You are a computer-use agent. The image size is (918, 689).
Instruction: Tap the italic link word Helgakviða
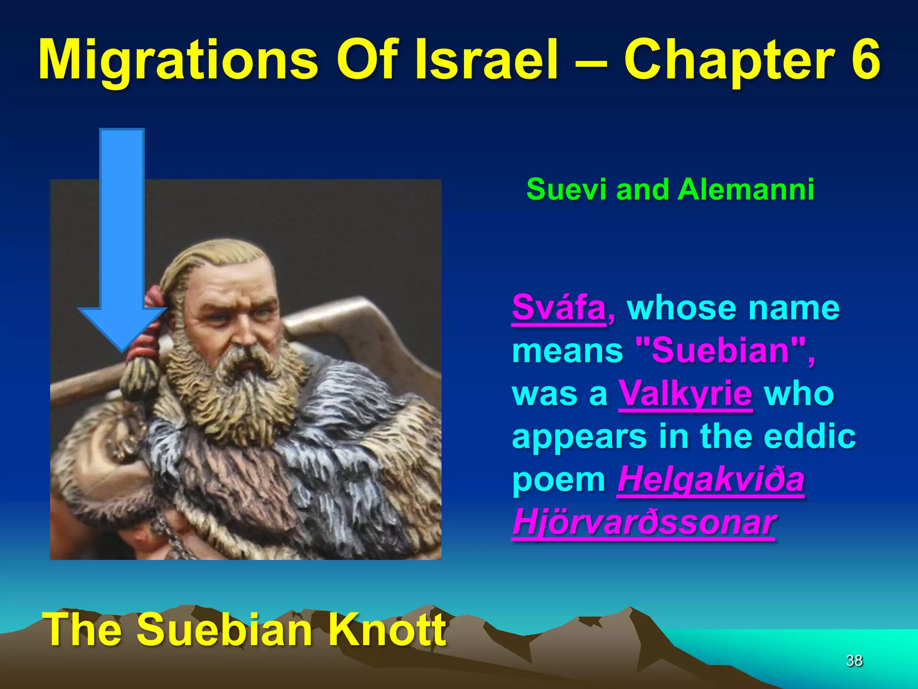[710, 479]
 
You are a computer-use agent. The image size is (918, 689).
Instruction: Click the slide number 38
[854, 660]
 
